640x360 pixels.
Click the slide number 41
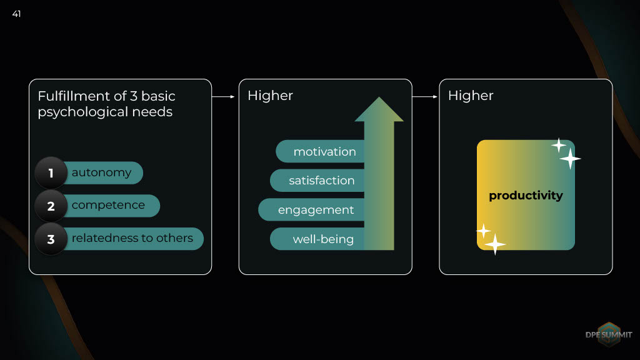point(16,14)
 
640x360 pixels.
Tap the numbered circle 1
point(51,172)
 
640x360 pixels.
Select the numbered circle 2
point(51,206)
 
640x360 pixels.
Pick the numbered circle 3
point(51,239)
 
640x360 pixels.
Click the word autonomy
point(102,172)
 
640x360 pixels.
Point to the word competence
point(108,205)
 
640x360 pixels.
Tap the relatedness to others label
point(132,238)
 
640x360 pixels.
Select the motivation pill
point(320,151)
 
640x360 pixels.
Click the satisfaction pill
point(317,181)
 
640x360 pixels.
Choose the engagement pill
point(311,210)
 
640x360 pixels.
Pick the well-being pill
point(317,239)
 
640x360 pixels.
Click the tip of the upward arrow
point(379,97)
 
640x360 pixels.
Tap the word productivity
point(526,196)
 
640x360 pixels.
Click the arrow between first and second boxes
point(223,97)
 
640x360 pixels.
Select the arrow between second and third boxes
point(425,97)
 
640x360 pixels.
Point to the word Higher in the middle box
point(270,96)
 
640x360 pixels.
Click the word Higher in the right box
point(471,96)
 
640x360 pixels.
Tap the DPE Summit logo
point(609,335)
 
